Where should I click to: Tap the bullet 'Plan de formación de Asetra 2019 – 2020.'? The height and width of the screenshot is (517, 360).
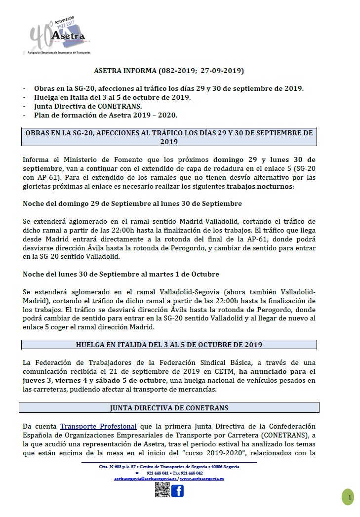click(x=106, y=115)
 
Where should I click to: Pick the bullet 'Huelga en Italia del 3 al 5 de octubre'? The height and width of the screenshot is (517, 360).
click(x=112, y=97)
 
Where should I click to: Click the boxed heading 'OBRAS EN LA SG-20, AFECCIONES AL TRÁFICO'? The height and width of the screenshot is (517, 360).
click(x=169, y=137)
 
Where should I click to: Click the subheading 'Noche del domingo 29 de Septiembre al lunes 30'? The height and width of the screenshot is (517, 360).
click(x=132, y=203)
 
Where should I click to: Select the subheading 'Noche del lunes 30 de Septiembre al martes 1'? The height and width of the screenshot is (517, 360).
click(x=121, y=274)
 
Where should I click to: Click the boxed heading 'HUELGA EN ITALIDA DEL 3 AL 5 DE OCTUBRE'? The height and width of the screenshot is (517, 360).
click(x=169, y=345)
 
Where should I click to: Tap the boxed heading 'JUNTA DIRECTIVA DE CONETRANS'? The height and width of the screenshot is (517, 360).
click(x=169, y=408)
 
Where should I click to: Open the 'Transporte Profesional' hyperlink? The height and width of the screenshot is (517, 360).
click(x=98, y=426)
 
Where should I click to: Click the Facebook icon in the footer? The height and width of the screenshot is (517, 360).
click(x=177, y=490)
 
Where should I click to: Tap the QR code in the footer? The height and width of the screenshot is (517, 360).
click(x=162, y=490)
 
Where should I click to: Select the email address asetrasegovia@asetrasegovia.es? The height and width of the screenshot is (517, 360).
click(x=145, y=478)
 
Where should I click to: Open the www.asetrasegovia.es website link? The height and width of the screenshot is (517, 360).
click(x=201, y=478)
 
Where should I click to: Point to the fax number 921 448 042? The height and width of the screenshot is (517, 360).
click(x=192, y=473)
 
